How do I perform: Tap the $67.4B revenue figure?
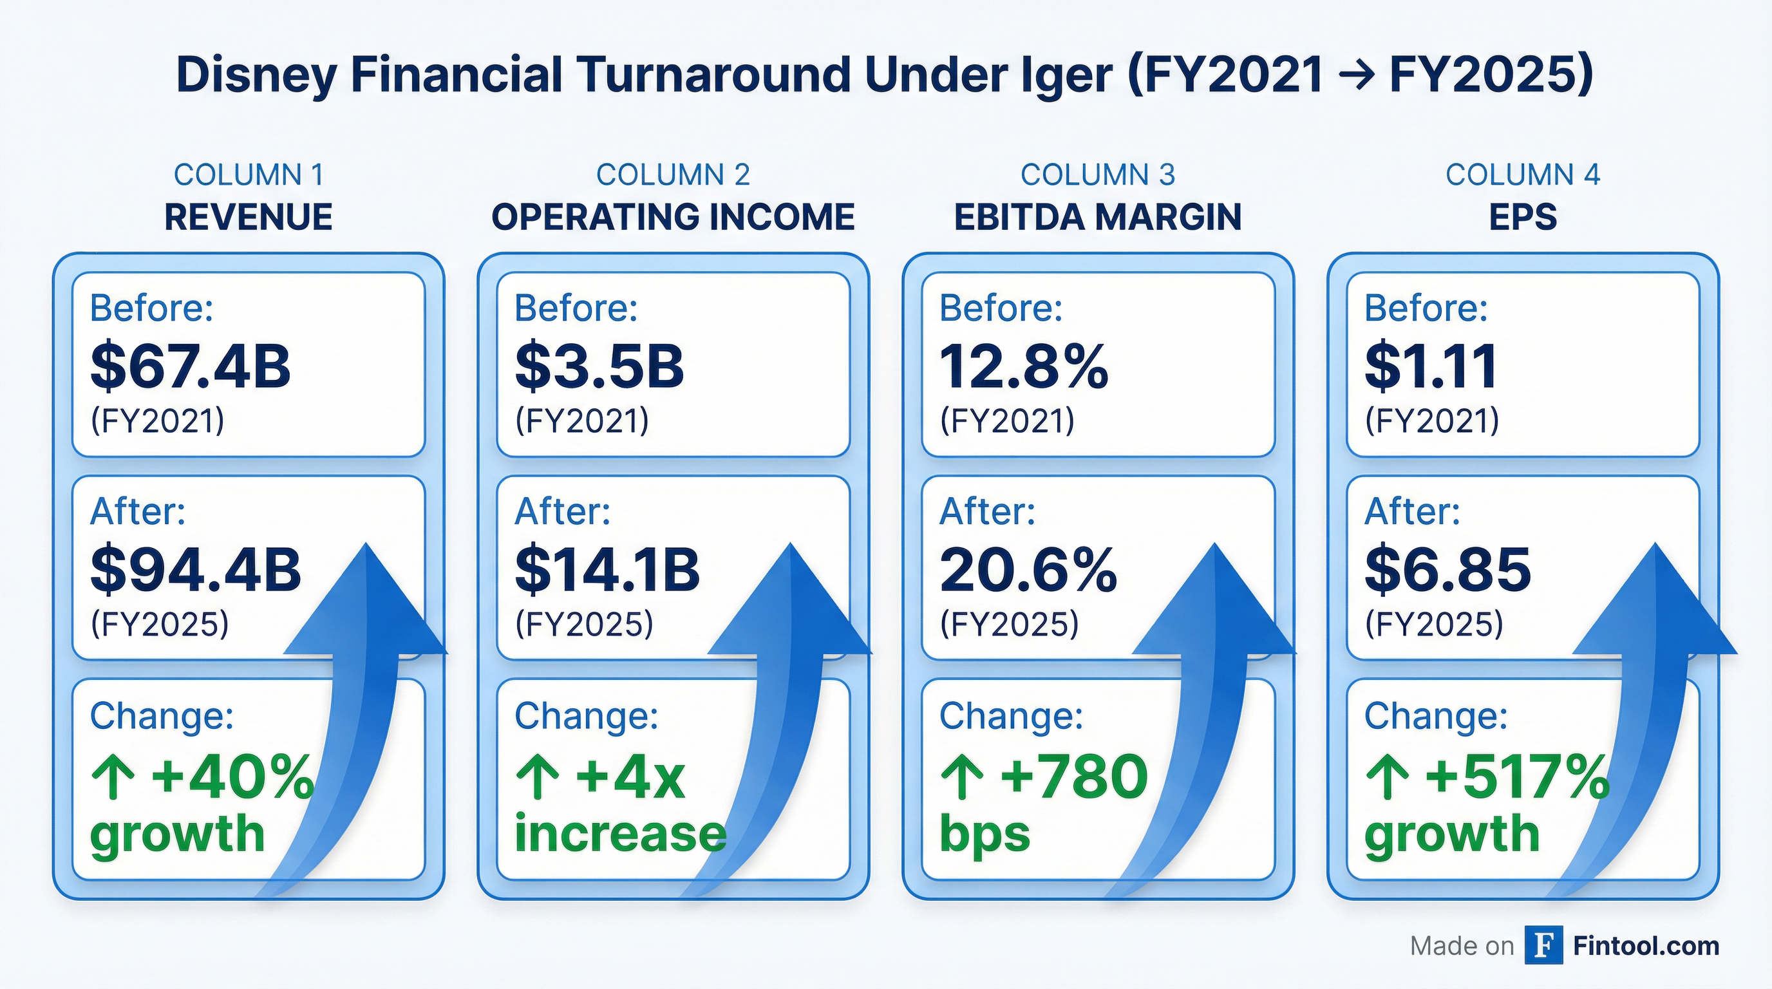tap(191, 366)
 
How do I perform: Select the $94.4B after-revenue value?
tap(195, 569)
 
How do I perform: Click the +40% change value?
tap(232, 777)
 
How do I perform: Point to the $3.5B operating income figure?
tap(599, 366)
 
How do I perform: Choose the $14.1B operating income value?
tap(607, 569)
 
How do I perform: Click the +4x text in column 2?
tap(630, 777)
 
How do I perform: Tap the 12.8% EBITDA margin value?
tap(1024, 366)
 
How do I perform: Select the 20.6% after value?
tap(1028, 569)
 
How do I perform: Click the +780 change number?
tap(1073, 777)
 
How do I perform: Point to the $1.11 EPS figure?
tap(1431, 366)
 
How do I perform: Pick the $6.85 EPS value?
tap(1447, 569)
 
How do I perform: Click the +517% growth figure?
tap(1516, 777)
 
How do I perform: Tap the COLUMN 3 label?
tap(1098, 174)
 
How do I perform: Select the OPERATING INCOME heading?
tap(673, 218)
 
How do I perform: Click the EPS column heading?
tap(1522, 218)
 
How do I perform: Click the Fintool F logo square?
tap(1543, 946)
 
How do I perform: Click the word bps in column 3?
tap(985, 834)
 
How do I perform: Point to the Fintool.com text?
tap(1646, 946)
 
